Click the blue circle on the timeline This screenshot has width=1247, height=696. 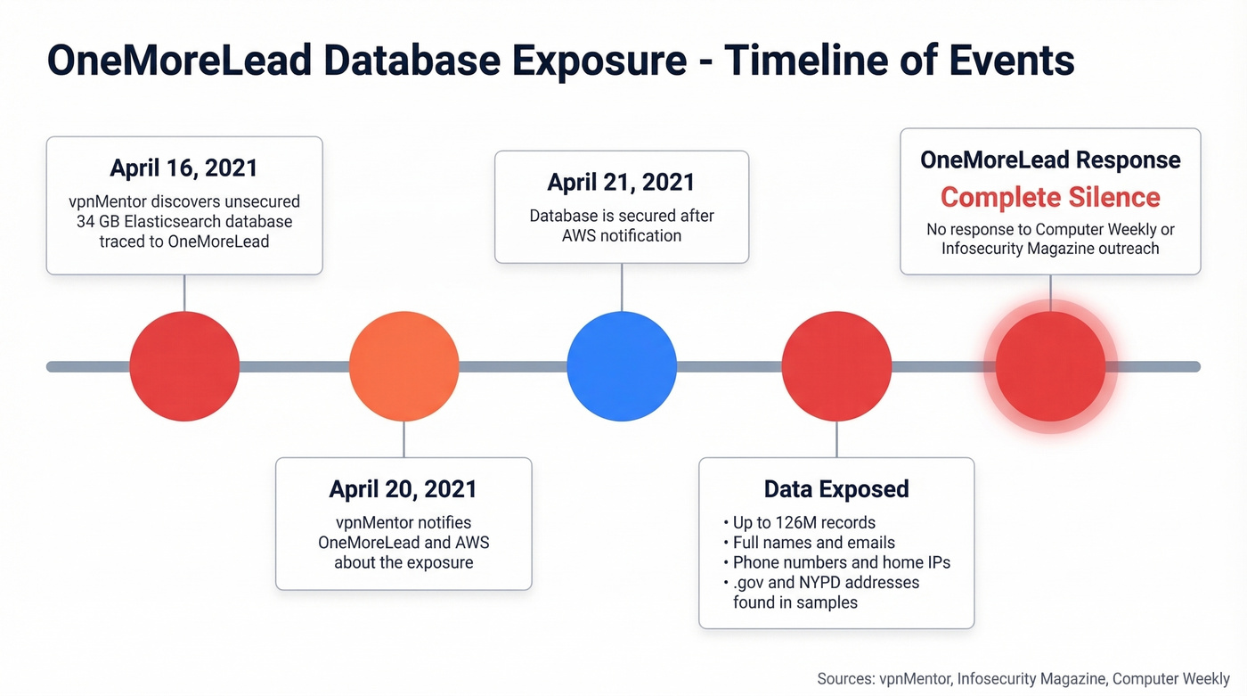click(622, 366)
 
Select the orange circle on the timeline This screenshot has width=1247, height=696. click(403, 366)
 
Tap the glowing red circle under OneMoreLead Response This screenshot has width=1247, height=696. click(1050, 366)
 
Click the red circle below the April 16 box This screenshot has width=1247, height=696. click(184, 366)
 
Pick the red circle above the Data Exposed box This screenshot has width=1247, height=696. click(836, 366)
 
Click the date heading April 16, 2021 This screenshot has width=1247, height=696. click(183, 168)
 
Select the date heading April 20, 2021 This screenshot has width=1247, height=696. click(403, 489)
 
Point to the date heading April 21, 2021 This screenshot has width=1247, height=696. click(621, 183)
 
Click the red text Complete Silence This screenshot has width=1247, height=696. click(1050, 198)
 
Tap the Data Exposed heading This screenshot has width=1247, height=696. click(836, 489)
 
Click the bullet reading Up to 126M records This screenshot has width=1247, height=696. click(803, 523)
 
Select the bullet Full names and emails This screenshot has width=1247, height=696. click(813, 543)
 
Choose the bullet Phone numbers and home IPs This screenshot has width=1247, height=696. click(841, 562)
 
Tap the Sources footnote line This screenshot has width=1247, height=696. click(1023, 679)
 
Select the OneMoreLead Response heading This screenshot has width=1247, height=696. click(1050, 160)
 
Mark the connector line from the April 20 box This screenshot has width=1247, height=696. click(403, 439)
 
